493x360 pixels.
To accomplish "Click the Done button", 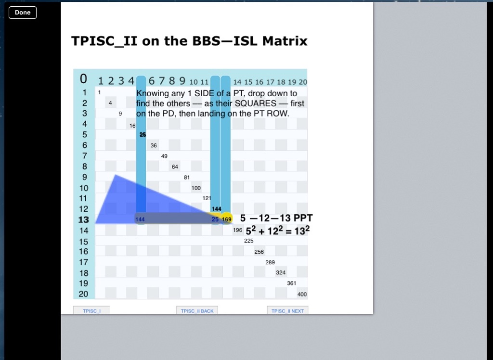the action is [23, 13].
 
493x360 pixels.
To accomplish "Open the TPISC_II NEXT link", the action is [287, 310].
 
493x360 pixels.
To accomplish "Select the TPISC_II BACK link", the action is [197, 310].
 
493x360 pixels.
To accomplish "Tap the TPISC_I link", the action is [92, 310].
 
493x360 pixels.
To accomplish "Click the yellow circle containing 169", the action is [227, 219].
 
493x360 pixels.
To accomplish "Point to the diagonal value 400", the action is [302, 294].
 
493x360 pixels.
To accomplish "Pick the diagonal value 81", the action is [187, 177].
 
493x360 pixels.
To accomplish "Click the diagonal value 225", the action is [249, 241].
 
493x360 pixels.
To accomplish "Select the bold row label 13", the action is [84, 219].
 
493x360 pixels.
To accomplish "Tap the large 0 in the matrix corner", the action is [83, 79].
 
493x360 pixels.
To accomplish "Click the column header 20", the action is [303, 82].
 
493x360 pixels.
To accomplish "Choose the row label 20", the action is [84, 294].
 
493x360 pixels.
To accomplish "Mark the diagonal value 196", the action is [238, 230].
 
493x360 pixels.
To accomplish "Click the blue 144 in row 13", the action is [140, 219].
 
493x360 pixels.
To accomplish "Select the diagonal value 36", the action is [154, 145].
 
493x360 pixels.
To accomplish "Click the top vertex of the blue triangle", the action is [116, 175].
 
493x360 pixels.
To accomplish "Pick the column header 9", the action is [182, 81].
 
